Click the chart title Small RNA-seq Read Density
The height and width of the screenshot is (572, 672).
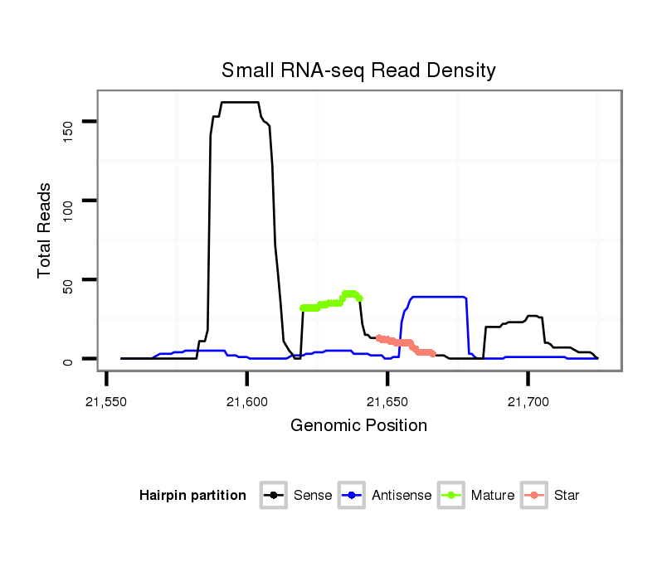358,70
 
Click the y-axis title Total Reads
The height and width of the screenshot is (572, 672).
45,230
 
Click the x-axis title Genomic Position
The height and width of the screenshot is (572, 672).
358,426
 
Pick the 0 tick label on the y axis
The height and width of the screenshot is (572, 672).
68,360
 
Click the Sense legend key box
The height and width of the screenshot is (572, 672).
273,496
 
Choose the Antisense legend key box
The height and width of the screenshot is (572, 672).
352,496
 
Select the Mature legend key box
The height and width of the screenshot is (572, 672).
451,496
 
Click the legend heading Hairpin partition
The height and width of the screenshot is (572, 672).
192,496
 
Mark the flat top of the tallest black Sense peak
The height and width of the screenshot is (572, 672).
241,102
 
